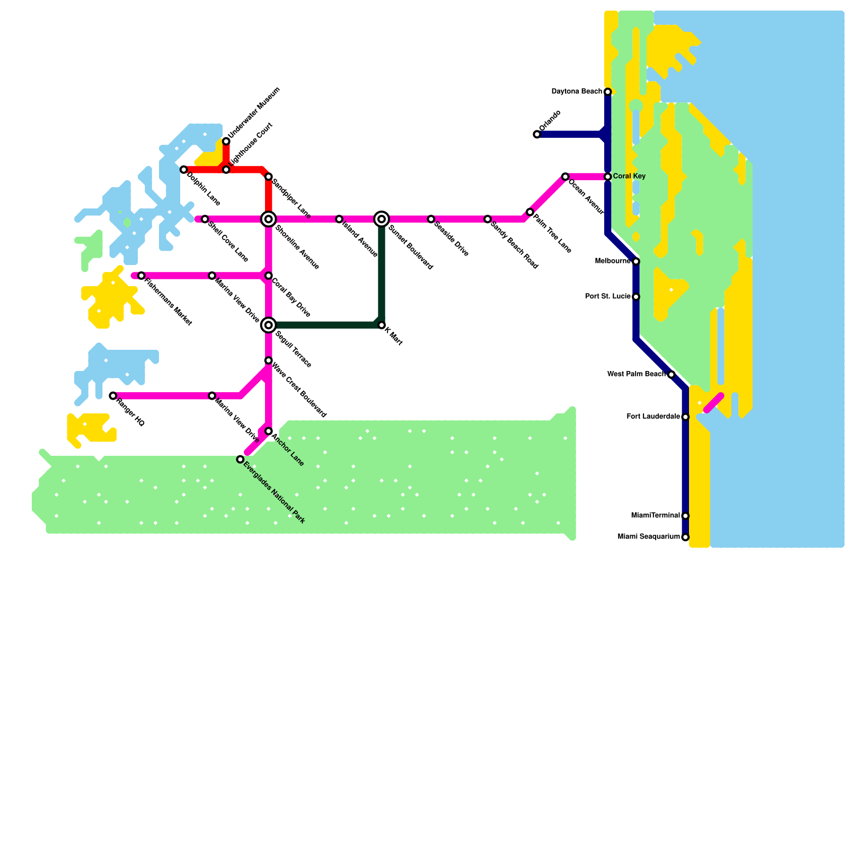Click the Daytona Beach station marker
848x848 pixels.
608,92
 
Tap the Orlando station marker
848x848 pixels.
537,135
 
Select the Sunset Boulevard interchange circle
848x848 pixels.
382,219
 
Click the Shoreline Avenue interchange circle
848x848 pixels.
269,219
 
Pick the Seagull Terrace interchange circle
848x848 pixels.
269,325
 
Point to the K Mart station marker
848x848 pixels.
382,325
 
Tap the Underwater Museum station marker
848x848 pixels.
226,141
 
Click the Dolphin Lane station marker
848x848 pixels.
184,170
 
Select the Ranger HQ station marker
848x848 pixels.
113,395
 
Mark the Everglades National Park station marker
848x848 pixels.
240,459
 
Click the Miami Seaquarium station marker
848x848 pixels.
685,537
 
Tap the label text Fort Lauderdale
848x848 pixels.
653,417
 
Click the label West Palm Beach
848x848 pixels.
636,374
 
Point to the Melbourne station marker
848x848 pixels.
636,261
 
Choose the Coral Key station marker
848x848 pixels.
608,176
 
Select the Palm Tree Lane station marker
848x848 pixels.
530,212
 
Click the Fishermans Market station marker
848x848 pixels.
142,276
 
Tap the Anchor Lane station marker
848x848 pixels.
269,431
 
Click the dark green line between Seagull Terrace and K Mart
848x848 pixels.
325,325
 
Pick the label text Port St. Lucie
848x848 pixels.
608,297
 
